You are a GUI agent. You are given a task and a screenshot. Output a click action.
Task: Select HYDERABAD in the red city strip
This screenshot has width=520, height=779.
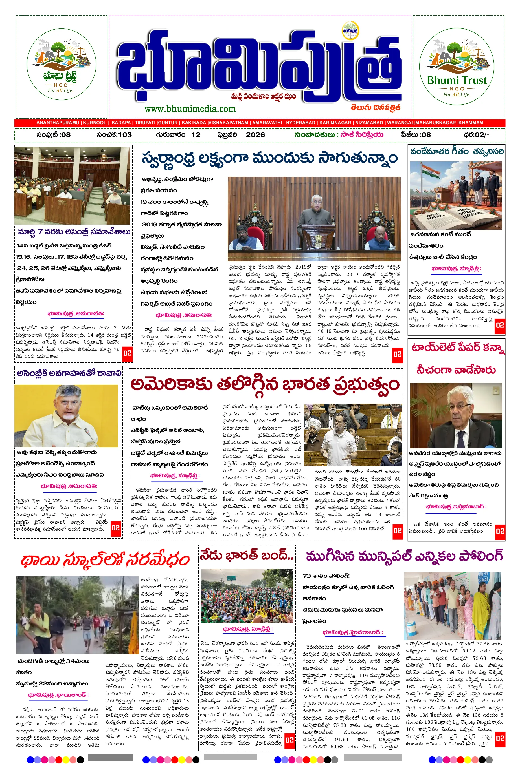click(300, 123)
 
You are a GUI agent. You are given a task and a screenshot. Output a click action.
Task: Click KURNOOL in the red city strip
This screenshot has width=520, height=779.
click(95, 123)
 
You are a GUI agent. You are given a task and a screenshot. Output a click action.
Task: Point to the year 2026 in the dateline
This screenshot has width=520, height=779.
click(255, 135)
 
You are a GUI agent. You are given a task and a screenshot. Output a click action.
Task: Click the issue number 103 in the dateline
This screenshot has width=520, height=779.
click(125, 135)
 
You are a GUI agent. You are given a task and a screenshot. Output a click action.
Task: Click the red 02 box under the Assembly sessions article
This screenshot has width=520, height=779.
click(127, 353)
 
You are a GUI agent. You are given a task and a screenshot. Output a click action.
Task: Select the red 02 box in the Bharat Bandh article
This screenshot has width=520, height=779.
click(289, 739)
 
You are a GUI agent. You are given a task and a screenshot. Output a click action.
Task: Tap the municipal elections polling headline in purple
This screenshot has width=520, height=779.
click(404, 556)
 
